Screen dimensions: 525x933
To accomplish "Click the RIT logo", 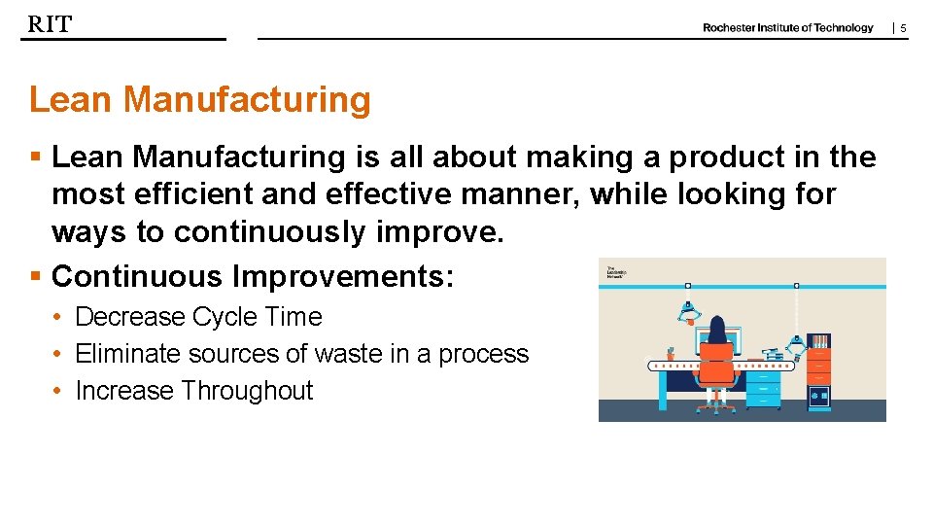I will click(50, 25).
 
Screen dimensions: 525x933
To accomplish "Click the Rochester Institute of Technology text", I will click(787, 28).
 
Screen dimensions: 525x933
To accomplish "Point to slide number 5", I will click(903, 29).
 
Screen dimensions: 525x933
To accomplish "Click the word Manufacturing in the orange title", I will click(247, 99).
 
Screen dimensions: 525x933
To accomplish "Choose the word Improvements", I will click(343, 277).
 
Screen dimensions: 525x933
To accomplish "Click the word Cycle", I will click(224, 317).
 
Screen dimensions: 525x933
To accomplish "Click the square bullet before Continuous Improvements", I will click(35, 277).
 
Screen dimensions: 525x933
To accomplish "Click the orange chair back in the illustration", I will click(718, 363).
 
